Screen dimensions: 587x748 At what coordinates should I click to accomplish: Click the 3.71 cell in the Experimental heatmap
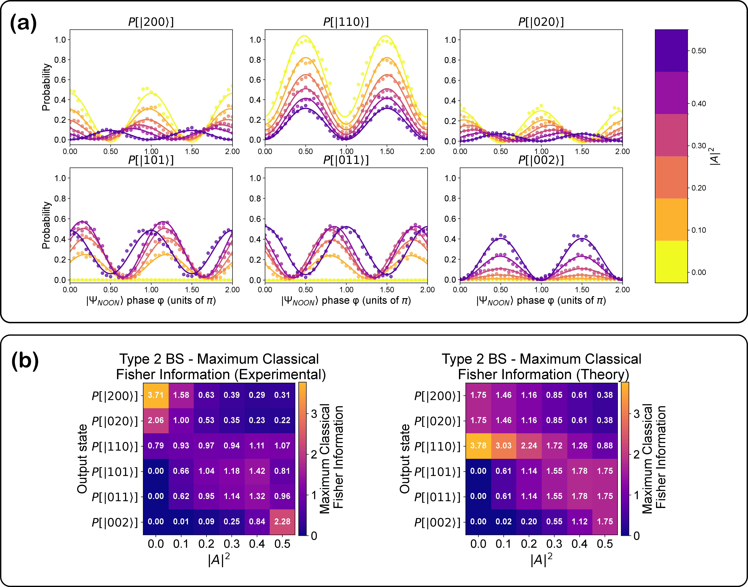click(x=156, y=395)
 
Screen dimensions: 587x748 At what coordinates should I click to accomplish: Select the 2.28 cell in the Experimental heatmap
click(x=282, y=521)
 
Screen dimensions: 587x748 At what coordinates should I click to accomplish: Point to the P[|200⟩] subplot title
click(x=151, y=22)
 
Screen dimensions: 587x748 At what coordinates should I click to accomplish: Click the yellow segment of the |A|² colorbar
click(x=671, y=261)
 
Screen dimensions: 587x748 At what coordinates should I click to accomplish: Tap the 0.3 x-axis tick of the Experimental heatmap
click(x=232, y=544)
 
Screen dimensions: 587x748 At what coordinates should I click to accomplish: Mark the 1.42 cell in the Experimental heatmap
click(x=257, y=471)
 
